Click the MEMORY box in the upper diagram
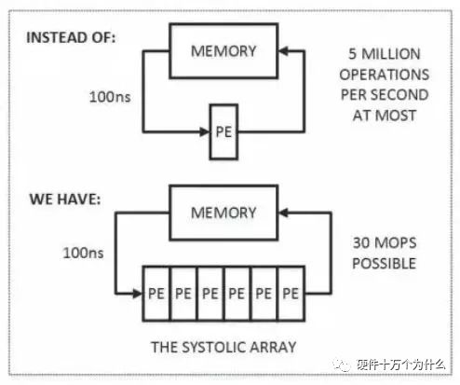pos(223,51)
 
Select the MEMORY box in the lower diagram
pos(223,213)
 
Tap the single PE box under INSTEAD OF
pos(223,132)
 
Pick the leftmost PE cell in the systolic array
pos(156,294)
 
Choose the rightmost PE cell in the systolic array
pos(291,294)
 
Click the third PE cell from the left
pos(210,294)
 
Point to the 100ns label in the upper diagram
pos(110,97)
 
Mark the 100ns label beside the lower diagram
pos(83,253)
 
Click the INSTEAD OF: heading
pos(71,37)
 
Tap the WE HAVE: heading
pos(65,199)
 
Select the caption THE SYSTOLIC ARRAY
pos(223,347)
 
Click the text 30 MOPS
pos(385,243)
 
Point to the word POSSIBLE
pos(385,264)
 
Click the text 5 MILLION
pos(385,54)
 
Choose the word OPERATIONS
pos(385,75)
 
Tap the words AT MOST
pos(385,116)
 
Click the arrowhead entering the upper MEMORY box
pos(284,51)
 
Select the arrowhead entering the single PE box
pos(204,132)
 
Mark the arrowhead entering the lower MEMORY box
pos(284,213)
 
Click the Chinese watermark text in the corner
pos(400,364)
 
